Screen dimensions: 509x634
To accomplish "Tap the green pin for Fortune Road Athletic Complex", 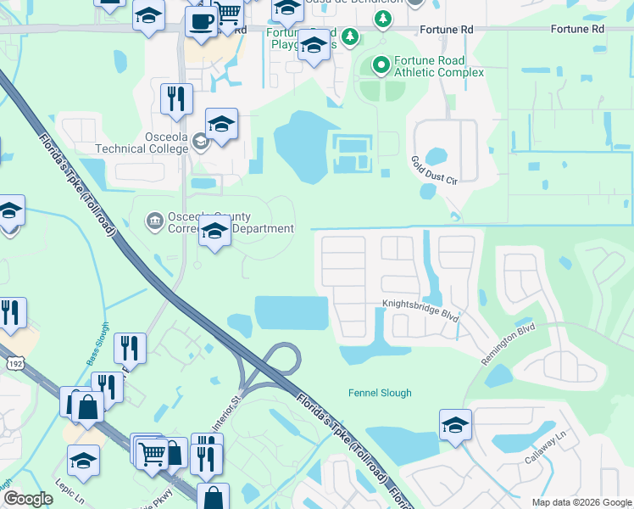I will (x=381, y=64).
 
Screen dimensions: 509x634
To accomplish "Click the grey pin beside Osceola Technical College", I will (x=200, y=142).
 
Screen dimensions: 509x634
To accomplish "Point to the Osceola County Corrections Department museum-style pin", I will (x=153, y=222).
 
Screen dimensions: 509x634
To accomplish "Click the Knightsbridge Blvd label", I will (x=420, y=311).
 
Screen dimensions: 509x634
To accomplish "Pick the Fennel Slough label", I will (x=380, y=393).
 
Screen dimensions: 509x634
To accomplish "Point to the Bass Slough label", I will (x=97, y=344).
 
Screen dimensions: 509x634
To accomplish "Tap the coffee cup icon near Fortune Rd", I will (x=201, y=20).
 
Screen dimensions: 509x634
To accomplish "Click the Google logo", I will (x=28, y=499).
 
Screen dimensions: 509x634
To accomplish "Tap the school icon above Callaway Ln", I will (x=455, y=424).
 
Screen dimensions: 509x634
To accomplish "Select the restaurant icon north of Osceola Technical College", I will (x=176, y=98).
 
